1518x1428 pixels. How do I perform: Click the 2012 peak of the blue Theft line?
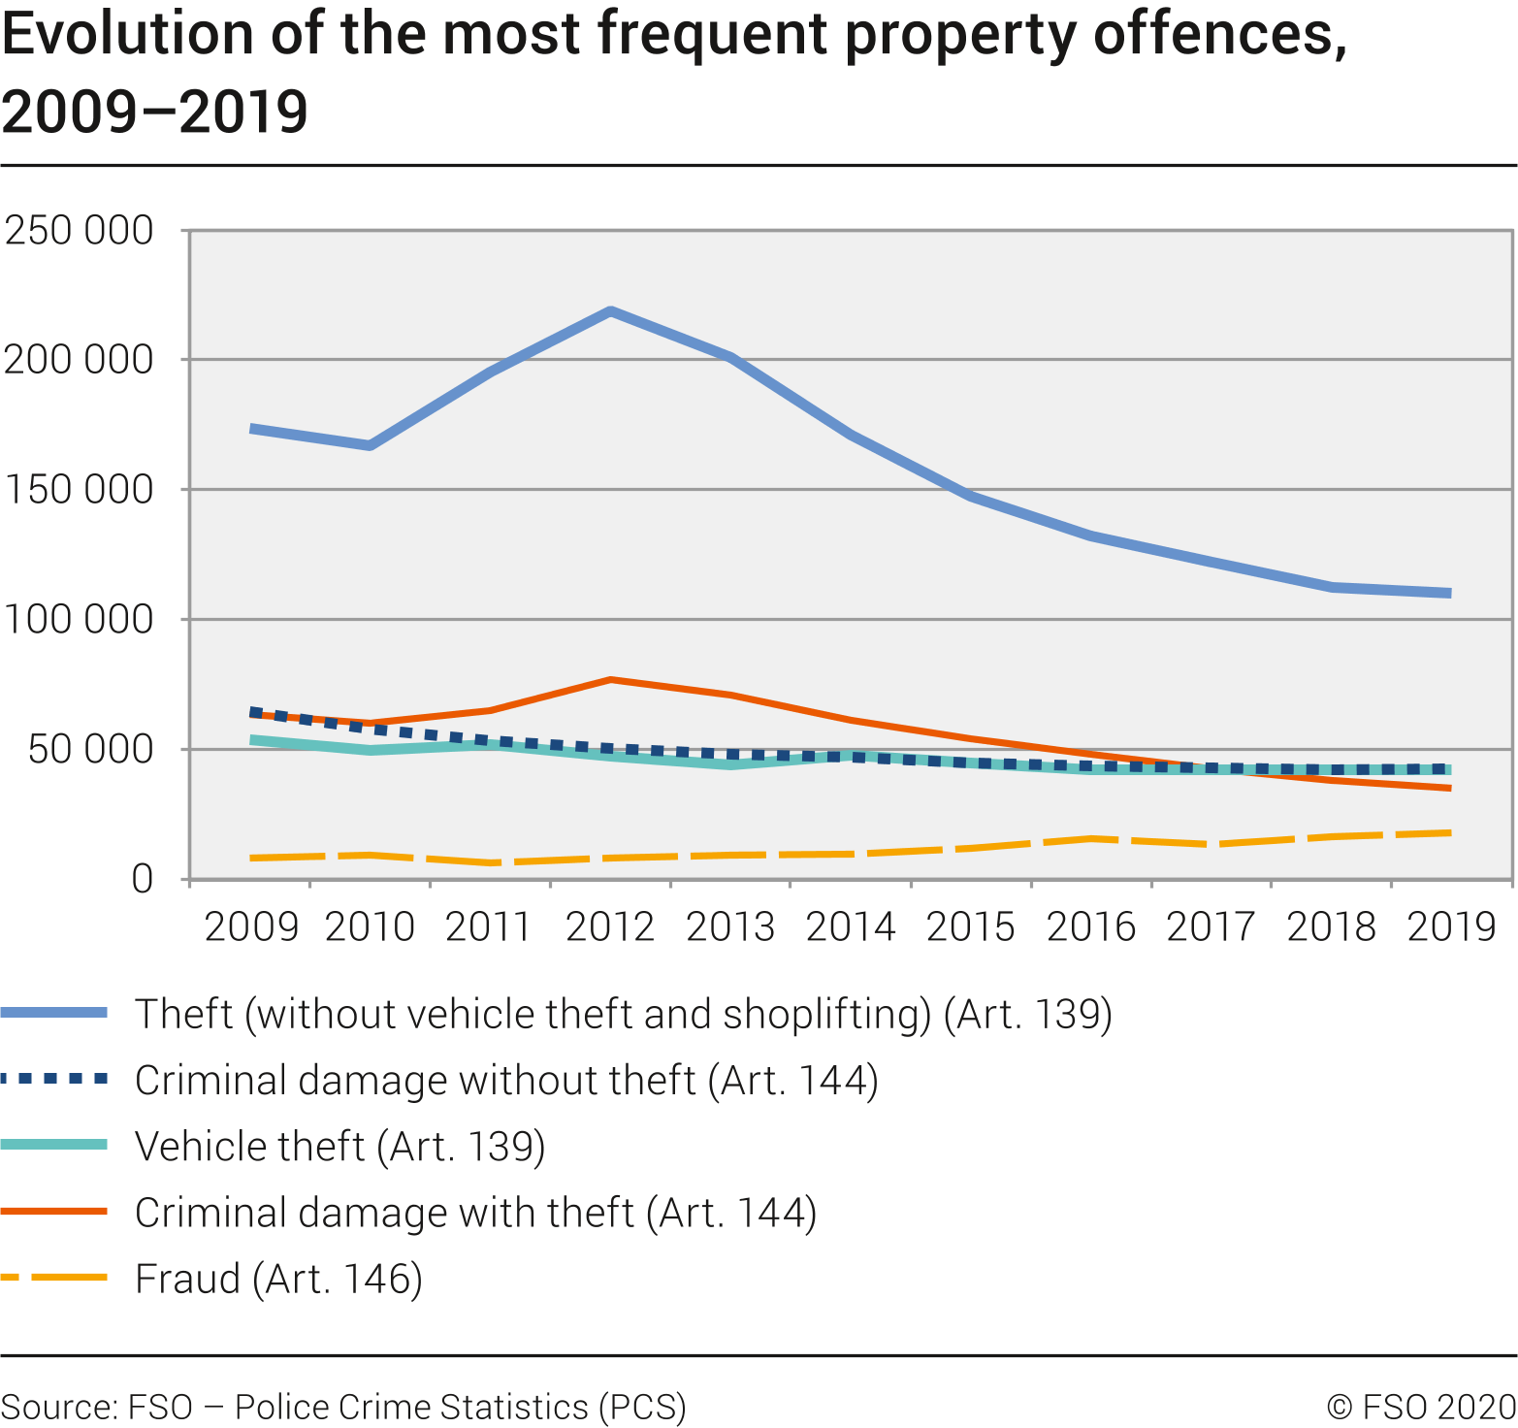(x=610, y=311)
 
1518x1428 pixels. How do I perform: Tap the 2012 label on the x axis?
(x=610, y=927)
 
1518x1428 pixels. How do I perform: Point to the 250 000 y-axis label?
(x=80, y=231)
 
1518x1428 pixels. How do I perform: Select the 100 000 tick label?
(x=80, y=619)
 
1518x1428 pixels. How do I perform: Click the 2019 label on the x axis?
(x=1451, y=927)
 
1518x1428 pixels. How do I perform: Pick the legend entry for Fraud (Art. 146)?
(x=278, y=1279)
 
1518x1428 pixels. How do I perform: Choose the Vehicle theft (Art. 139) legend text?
(x=339, y=1147)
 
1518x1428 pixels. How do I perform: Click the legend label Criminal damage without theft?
(x=506, y=1081)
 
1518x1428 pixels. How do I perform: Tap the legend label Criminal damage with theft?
(x=475, y=1213)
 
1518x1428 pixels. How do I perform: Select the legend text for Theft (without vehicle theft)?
(x=623, y=1014)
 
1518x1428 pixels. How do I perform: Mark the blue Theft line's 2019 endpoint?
(x=1450, y=593)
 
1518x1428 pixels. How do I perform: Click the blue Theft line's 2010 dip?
(x=371, y=445)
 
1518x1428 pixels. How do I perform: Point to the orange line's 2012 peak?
(x=610, y=680)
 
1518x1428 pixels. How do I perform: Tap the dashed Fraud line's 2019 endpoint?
(x=1450, y=832)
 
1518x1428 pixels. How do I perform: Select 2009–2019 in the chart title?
(x=155, y=112)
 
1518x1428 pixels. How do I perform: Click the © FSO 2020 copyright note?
(x=1421, y=1407)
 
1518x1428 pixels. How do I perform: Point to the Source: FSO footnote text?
(x=343, y=1407)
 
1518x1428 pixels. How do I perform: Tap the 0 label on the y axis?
(x=143, y=879)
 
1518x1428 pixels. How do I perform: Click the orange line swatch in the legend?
(x=54, y=1212)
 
